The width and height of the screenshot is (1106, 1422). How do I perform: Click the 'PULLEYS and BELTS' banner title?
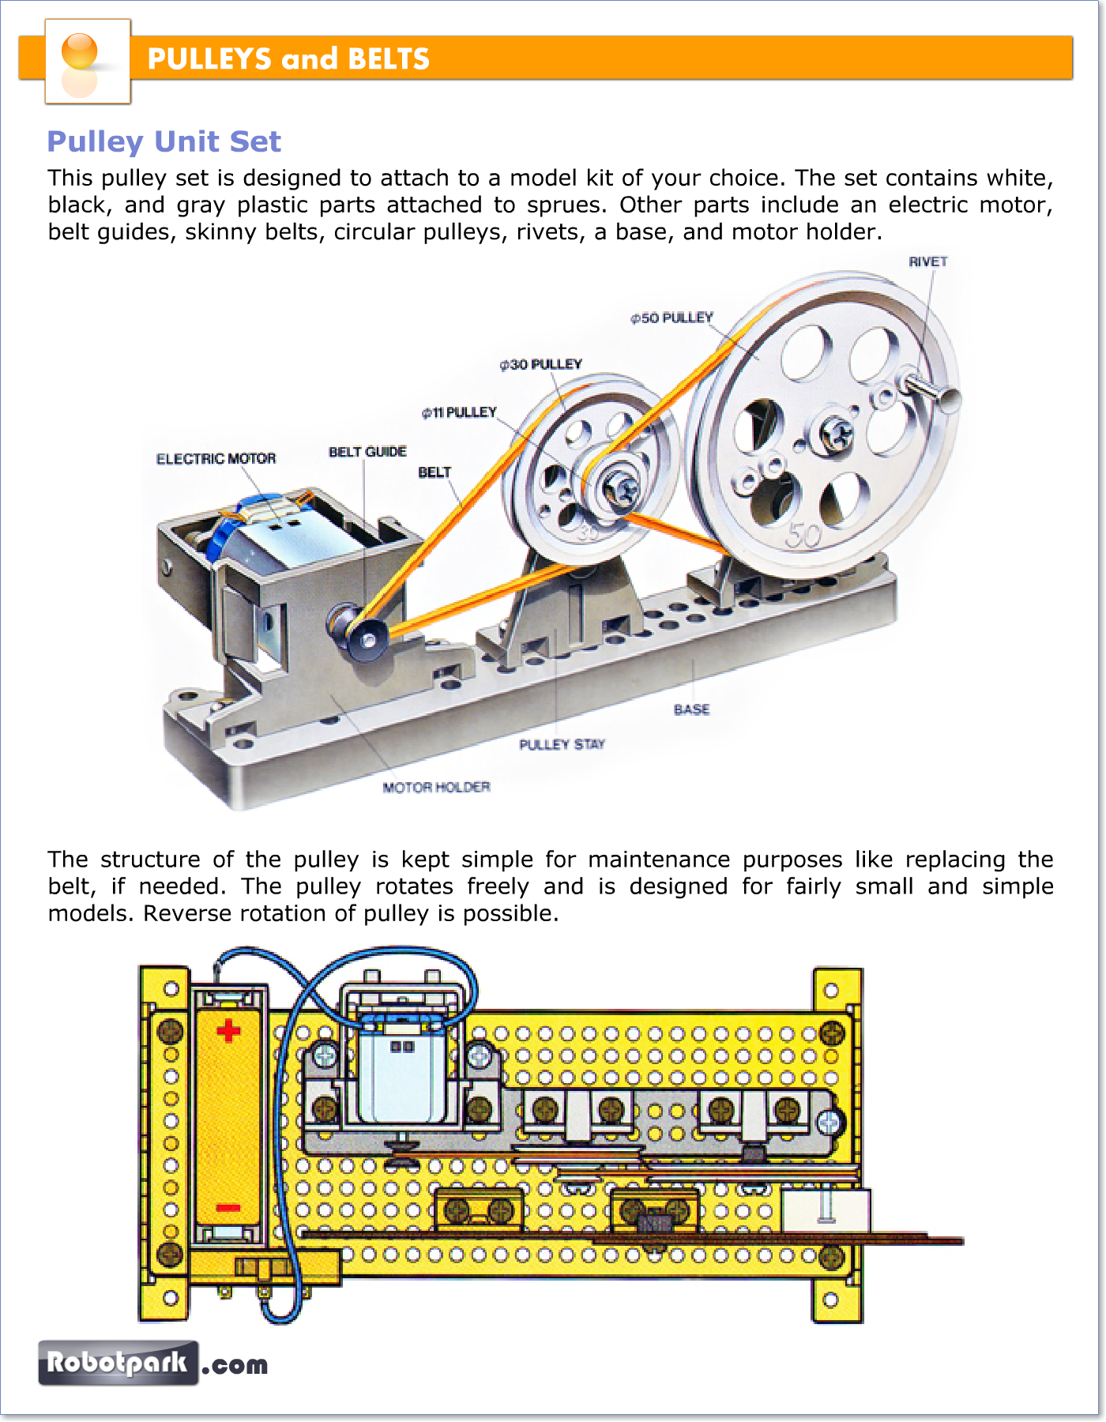[288, 59]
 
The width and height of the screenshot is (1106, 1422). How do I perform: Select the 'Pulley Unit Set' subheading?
[164, 141]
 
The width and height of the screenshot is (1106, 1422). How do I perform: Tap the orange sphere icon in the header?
[79, 51]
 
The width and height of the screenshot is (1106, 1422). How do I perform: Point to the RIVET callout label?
[927, 261]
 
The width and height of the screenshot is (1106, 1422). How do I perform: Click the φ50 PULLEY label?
[671, 318]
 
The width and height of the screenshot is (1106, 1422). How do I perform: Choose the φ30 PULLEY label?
[540, 364]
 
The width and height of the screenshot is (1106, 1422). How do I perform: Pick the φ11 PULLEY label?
[459, 412]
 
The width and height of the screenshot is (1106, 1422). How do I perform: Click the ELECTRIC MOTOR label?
[216, 459]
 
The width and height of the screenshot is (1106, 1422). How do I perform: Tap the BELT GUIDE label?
[367, 452]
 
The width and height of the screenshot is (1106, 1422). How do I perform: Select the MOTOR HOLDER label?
[436, 787]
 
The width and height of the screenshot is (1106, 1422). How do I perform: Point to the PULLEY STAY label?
[562, 744]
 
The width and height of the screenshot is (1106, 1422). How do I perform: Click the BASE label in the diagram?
[691, 709]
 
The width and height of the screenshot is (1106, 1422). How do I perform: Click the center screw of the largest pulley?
[836, 433]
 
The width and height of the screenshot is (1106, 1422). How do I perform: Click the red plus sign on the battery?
[228, 1031]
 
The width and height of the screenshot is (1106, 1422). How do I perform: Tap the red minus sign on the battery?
[228, 1207]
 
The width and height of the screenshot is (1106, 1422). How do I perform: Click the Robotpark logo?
[118, 1363]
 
